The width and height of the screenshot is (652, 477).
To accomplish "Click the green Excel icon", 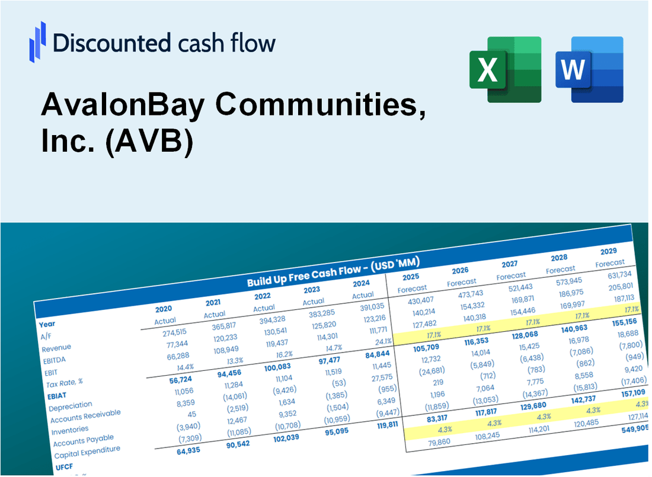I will (505, 69).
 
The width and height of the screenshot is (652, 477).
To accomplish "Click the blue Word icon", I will (589, 69).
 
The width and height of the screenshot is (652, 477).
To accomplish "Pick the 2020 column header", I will (164, 309).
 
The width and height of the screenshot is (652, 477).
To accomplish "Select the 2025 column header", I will (411, 277).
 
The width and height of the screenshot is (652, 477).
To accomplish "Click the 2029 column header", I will (608, 251).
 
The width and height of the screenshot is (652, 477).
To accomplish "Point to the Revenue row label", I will (56, 347).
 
